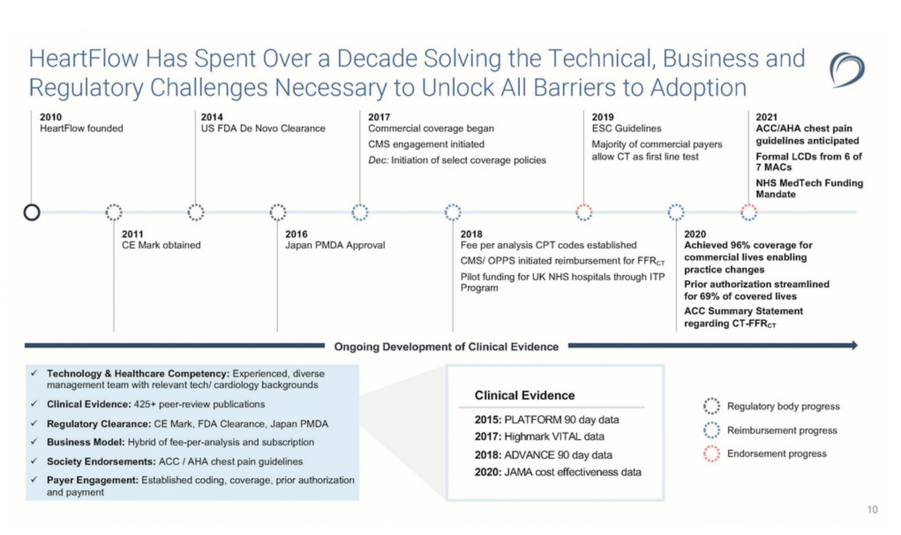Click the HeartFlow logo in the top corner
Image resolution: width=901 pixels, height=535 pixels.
coord(846,70)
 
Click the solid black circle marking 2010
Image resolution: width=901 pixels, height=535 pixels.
coord(32,212)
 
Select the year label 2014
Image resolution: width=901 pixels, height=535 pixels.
coord(212,117)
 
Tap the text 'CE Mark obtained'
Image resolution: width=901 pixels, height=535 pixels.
coord(161,245)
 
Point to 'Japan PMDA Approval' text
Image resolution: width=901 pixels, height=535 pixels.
coord(335,245)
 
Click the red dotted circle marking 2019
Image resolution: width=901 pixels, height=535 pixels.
coord(584,212)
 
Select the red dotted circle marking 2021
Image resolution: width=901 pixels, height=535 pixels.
coord(748,212)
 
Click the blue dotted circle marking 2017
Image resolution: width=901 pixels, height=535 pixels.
coord(360,212)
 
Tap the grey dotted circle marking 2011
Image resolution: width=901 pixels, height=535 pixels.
coord(114,212)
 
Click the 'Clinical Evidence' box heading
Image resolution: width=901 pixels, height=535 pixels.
coord(524,395)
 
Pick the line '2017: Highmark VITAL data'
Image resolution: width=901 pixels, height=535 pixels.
coord(539,436)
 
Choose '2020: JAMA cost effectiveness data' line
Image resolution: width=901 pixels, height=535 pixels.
coord(557,472)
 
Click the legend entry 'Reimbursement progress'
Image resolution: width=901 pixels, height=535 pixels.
coord(782,430)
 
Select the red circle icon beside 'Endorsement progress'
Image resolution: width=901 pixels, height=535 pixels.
coord(711,453)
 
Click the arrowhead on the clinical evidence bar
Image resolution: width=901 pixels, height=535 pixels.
coord(854,345)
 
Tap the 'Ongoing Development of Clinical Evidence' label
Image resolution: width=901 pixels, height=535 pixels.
coord(446,346)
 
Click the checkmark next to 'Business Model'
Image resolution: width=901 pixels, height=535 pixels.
coord(34,442)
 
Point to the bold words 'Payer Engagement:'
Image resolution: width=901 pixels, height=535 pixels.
coord(92,480)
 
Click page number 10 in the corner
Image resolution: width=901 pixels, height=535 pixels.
coord(872,510)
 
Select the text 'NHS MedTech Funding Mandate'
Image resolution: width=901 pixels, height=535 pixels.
coord(809,189)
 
